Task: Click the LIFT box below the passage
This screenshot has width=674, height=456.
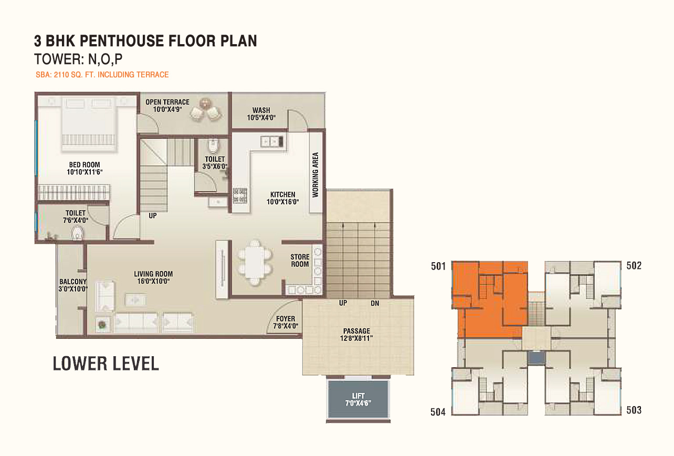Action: (x=358, y=399)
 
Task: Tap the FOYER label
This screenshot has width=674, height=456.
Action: (x=286, y=318)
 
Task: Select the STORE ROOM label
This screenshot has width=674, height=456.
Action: (x=300, y=261)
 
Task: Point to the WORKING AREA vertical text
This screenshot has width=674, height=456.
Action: (x=315, y=175)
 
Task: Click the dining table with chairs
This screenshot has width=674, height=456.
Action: (x=255, y=262)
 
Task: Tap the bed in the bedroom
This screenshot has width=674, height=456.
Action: (x=89, y=123)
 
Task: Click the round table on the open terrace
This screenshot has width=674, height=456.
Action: (x=205, y=103)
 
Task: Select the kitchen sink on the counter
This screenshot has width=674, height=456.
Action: (x=272, y=141)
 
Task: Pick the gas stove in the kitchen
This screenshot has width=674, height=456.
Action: (x=240, y=195)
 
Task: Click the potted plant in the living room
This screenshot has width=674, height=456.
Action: (x=102, y=325)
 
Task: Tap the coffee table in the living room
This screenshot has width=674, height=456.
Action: (x=136, y=299)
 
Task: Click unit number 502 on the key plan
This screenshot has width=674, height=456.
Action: (x=634, y=265)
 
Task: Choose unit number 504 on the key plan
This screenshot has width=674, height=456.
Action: (x=438, y=412)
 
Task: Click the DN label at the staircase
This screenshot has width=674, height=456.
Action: (x=375, y=303)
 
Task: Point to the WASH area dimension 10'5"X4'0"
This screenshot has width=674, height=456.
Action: (x=261, y=118)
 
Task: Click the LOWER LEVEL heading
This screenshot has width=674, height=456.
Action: (x=106, y=363)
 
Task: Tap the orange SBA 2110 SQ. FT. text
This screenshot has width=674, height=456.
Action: (x=102, y=75)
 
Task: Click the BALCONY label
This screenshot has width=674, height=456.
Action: (x=73, y=282)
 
